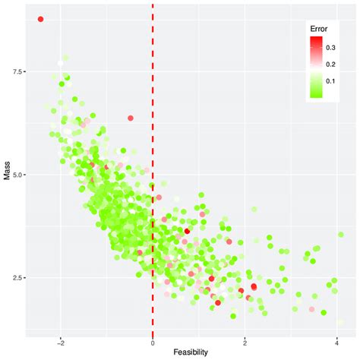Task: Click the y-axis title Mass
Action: click(8, 174)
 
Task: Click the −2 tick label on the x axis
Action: click(60, 343)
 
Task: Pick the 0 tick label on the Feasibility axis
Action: click(153, 343)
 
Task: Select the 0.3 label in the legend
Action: click(331, 48)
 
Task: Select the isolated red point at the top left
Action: click(41, 19)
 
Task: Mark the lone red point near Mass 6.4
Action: click(131, 118)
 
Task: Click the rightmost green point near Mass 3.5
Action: click(341, 235)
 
